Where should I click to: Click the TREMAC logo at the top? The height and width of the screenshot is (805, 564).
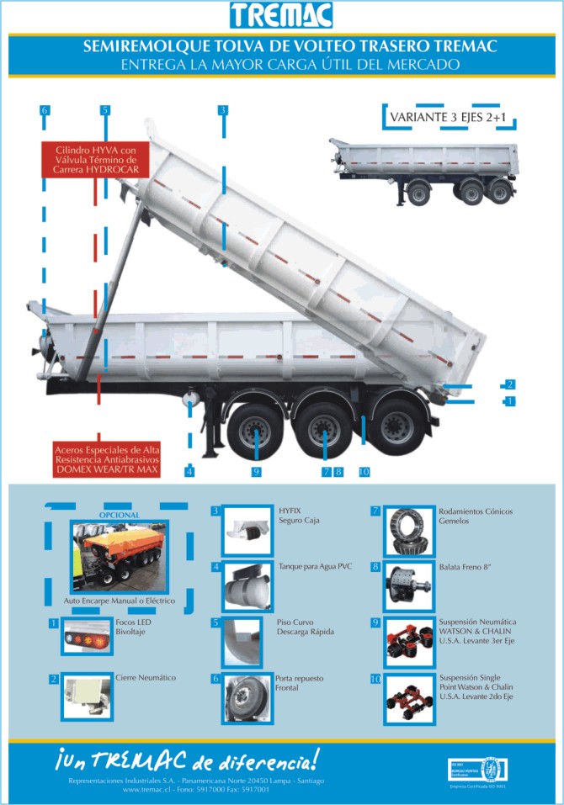click(x=282, y=15)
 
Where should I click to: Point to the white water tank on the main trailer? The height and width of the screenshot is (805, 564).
click(x=191, y=395)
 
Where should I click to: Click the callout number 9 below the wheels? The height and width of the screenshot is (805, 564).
click(x=256, y=472)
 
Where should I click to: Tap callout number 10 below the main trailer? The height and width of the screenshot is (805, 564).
click(x=364, y=472)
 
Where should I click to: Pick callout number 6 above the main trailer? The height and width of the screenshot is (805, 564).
click(x=44, y=110)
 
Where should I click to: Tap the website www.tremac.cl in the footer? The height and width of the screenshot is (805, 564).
click(x=146, y=790)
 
